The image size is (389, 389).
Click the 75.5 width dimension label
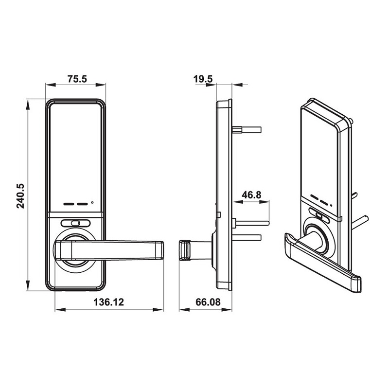coord(77,79)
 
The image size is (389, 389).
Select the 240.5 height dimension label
coord(20,196)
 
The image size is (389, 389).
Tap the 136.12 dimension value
coord(108,302)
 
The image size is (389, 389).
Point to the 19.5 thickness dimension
coord(203,79)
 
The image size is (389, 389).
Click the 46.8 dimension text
coord(251,195)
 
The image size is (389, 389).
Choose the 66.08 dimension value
coord(208,302)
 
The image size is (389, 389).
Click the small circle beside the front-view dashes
coord(92,203)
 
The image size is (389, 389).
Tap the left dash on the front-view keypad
coord(69,204)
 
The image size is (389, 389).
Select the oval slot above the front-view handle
coord(75,223)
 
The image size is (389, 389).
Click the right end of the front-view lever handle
coord(163,250)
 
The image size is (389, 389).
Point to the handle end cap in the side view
coord(184,250)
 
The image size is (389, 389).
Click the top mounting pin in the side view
coord(247,129)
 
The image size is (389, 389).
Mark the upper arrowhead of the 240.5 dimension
coord(28,104)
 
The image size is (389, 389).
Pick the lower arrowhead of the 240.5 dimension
coord(28,285)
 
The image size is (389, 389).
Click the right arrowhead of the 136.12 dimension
coord(158,310)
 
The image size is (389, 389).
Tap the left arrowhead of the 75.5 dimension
coord(51,85)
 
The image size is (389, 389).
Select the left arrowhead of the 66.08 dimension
coord(184,310)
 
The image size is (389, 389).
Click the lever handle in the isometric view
coord(322,263)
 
